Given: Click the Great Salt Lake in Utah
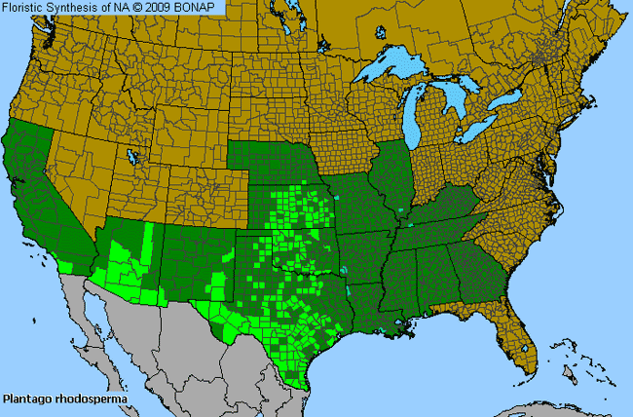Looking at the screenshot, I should (131, 157).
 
